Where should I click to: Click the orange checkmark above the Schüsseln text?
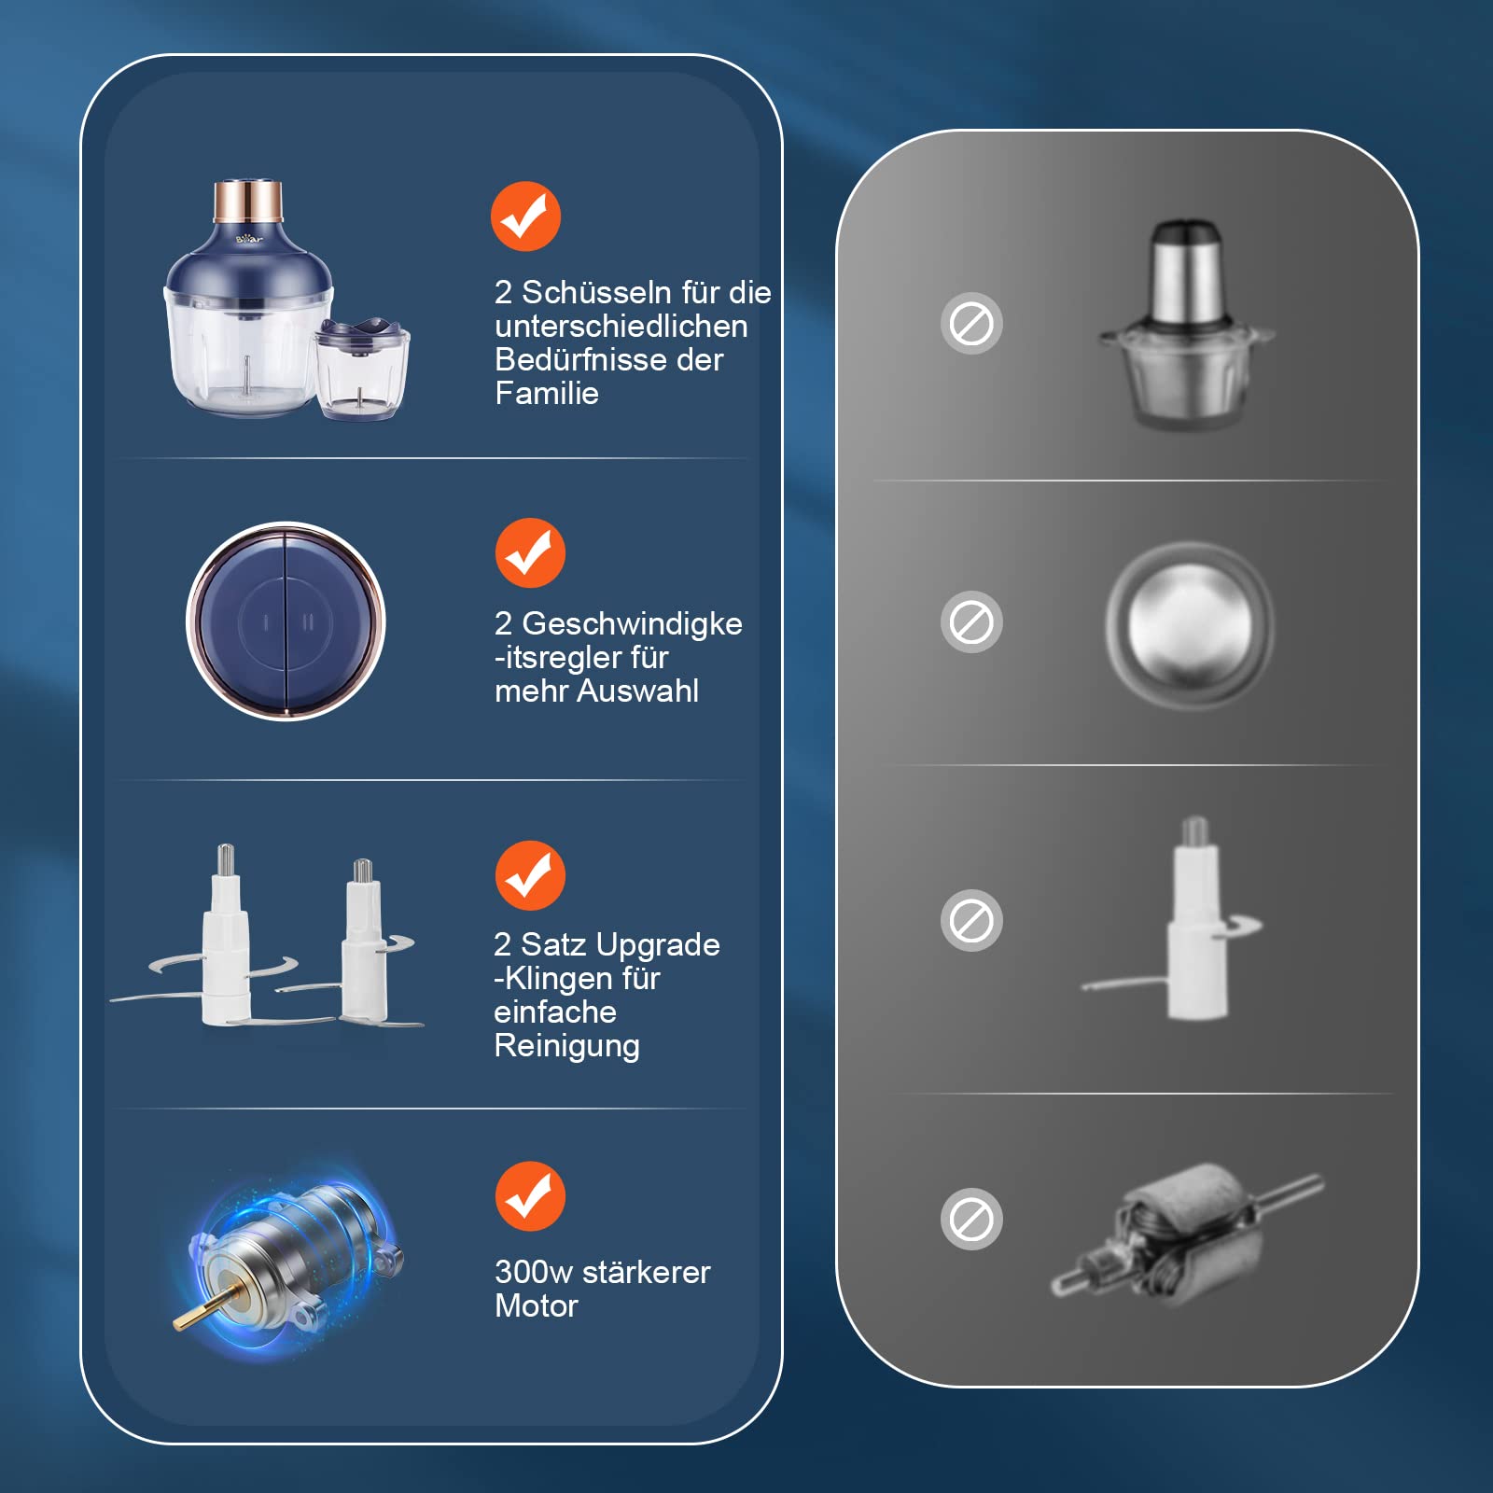[525, 216]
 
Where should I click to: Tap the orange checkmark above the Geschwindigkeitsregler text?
[530, 552]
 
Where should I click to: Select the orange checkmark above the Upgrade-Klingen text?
[530, 875]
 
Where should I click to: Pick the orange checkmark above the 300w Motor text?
[530, 1196]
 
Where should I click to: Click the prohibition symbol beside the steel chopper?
[971, 324]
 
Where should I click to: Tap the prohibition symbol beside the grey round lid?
[971, 621]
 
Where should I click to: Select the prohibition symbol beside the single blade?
[971, 920]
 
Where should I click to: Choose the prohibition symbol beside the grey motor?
[971, 1219]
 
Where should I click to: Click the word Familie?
[547, 393]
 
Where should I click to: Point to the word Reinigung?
[566, 1046]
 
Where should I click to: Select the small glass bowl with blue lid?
[361, 368]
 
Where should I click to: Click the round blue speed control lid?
[286, 621]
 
